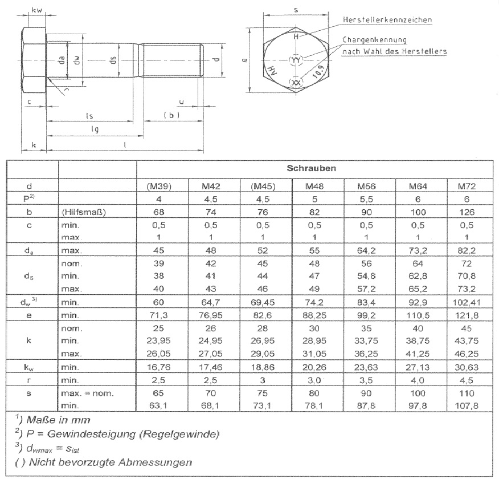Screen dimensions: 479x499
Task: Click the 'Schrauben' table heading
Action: [314, 168]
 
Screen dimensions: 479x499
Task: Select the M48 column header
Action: [314, 186]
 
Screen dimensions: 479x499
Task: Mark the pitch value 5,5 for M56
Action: [365, 198]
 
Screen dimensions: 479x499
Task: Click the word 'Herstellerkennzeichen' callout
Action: [387, 20]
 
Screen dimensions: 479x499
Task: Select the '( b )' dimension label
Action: [171, 115]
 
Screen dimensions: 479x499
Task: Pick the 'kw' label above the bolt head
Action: [36, 10]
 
